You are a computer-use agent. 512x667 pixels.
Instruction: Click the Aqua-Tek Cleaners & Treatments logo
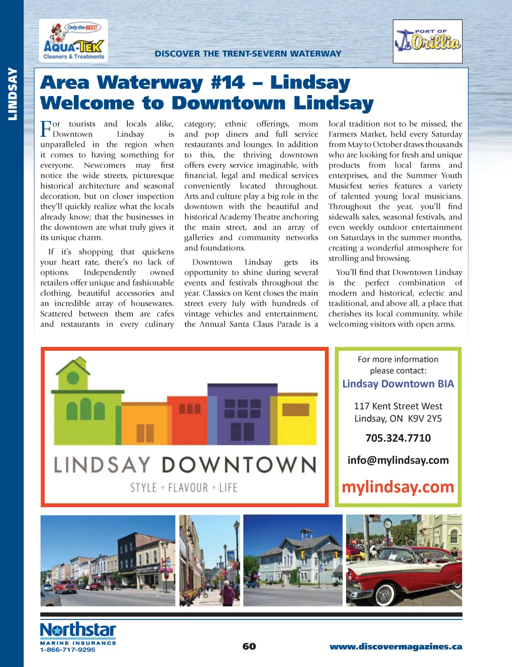click(x=73, y=41)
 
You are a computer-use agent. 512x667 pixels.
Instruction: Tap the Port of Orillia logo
click(x=427, y=41)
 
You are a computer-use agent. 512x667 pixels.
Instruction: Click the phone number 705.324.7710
click(x=398, y=438)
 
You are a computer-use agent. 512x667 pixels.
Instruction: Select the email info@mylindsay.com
click(x=398, y=460)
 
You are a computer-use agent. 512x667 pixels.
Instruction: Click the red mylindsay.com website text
click(x=398, y=487)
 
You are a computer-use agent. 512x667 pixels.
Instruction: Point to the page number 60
click(x=249, y=646)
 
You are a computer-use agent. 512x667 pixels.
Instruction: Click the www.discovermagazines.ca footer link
click(x=395, y=646)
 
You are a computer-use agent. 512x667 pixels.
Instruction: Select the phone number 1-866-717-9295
click(x=67, y=649)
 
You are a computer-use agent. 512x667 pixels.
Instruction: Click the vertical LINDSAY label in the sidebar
click(x=12, y=93)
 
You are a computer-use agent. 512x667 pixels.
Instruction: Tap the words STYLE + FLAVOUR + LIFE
click(x=183, y=487)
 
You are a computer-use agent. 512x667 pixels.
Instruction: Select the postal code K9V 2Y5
click(x=425, y=419)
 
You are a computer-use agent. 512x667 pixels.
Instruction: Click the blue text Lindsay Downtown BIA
click(x=398, y=384)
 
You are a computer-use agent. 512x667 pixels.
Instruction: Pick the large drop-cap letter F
click(x=46, y=128)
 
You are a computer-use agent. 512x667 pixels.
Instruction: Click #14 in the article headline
click(x=228, y=82)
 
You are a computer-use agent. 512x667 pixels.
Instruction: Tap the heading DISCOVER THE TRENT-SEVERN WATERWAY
click(x=248, y=53)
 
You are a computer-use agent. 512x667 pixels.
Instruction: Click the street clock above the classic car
click(x=387, y=524)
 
